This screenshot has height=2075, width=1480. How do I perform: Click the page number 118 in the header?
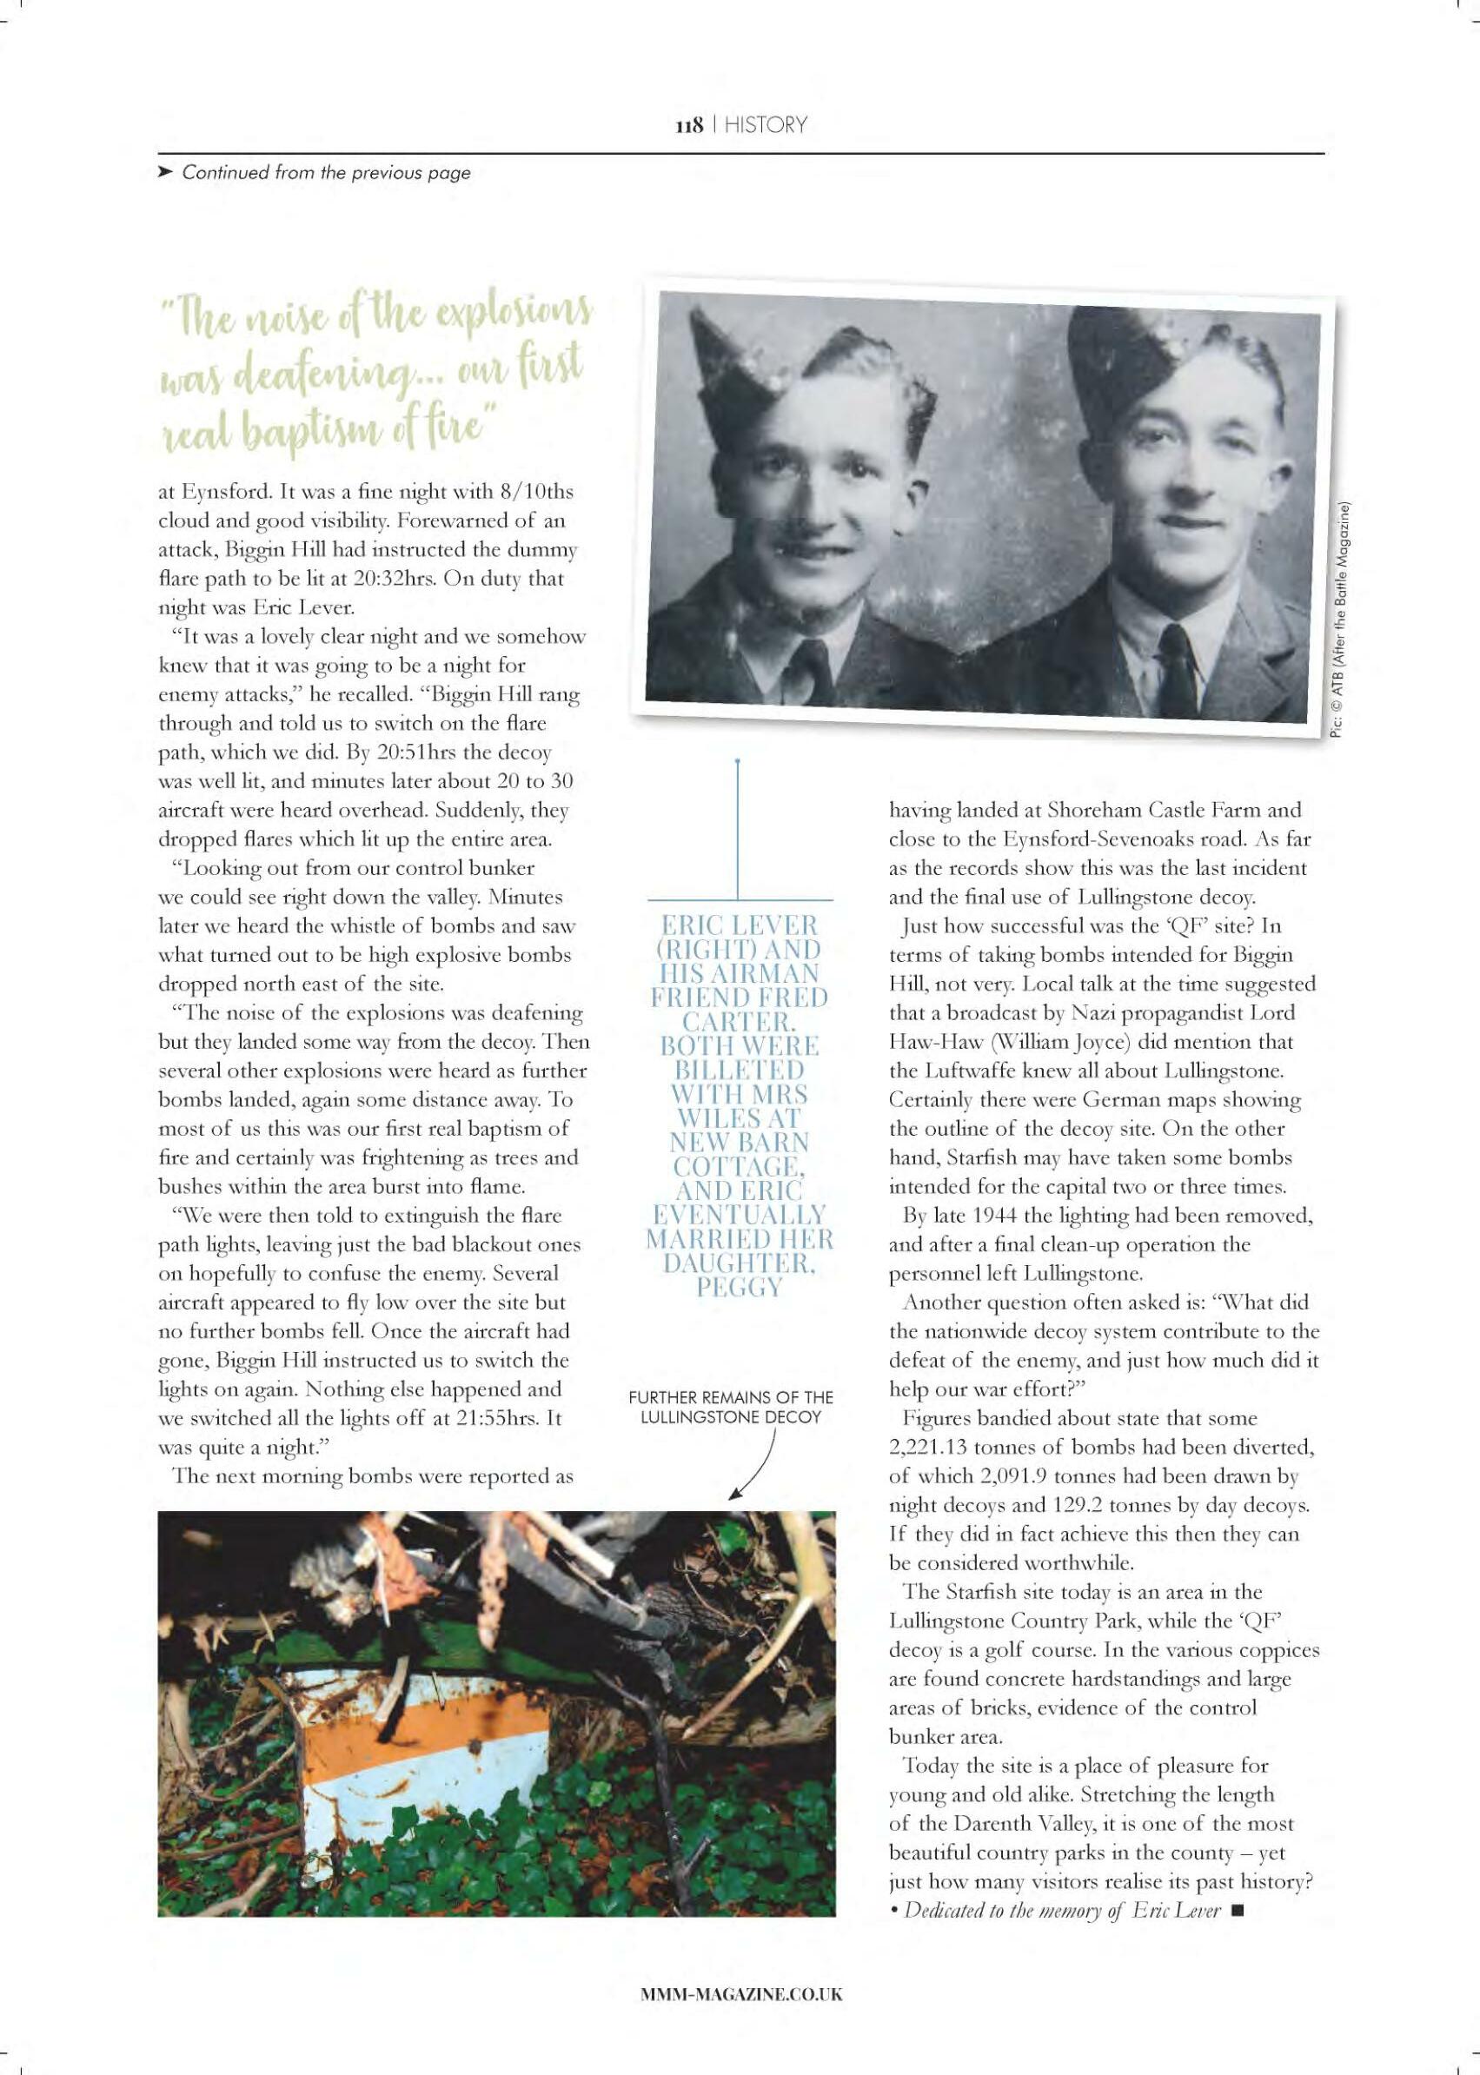tap(688, 125)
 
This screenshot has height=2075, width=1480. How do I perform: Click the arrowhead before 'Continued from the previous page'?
tap(165, 172)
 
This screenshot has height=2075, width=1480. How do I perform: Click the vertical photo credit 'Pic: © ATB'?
tap(1344, 620)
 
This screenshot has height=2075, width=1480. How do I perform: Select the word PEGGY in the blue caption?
tap(737, 1288)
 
